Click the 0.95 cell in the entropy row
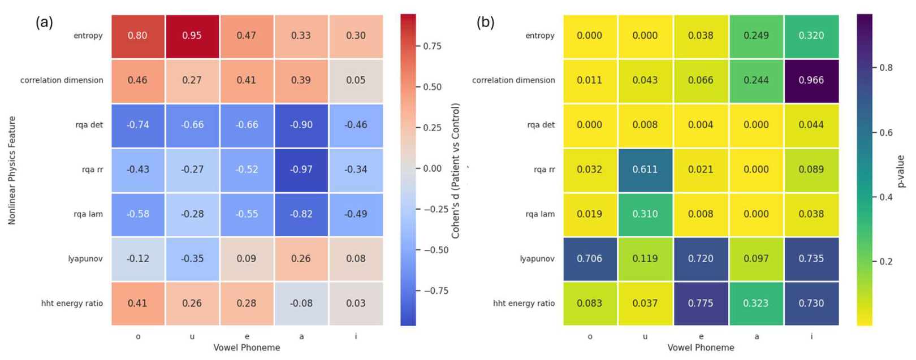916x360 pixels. coord(192,36)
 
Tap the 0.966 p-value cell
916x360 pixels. coord(811,81)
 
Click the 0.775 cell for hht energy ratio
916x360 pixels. coord(701,303)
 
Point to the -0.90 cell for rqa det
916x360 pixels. coord(301,125)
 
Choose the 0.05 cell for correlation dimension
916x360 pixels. coord(356,81)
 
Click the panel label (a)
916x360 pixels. coord(44,23)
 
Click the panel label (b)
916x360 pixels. coord(485,23)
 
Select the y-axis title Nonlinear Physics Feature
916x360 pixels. coord(11,171)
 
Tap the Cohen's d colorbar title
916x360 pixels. coord(456,171)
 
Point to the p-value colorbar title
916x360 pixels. coord(901,172)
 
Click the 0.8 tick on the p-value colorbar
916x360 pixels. coord(886,68)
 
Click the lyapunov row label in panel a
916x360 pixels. coord(85,259)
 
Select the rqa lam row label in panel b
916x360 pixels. coord(540,214)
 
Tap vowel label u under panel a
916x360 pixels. coord(192,337)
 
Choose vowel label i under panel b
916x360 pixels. coord(811,336)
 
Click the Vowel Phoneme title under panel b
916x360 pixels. coord(701,348)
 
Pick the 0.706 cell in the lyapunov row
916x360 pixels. coord(590,259)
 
